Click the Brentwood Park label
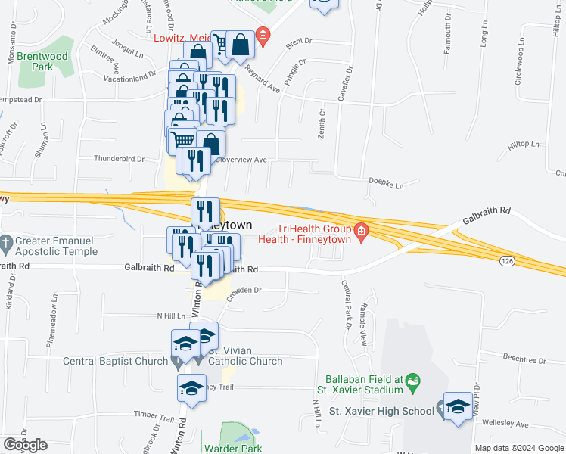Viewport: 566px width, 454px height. click(43, 61)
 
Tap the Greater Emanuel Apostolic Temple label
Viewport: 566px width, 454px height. click(55, 247)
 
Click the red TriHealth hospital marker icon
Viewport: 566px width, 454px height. click(362, 230)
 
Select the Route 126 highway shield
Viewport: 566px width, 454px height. click(507, 260)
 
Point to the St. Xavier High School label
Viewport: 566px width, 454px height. click(381, 411)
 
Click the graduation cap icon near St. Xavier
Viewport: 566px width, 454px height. click(458, 406)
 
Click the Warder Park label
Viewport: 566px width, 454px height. click(233, 448)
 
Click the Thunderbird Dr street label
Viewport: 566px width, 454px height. click(119, 159)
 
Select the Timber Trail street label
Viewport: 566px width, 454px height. click(154, 415)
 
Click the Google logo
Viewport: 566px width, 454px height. click(24, 445)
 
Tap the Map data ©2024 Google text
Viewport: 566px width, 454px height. click(519, 448)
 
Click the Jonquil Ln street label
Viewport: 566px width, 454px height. click(126, 46)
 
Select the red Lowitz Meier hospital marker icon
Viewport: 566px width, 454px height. click(263, 35)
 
